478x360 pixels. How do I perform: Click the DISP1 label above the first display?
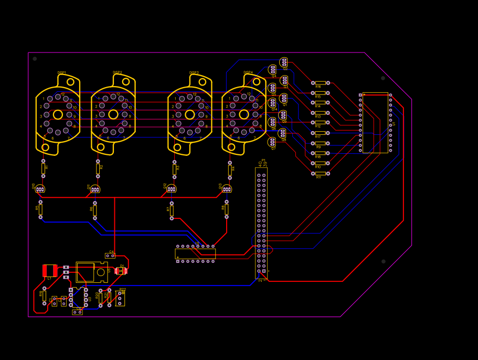point(62,72)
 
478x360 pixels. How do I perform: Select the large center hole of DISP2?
point(113,114)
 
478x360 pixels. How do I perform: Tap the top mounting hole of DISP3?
point(203,82)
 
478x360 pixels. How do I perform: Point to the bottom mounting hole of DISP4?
point(231,147)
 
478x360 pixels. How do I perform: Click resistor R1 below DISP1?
point(43,168)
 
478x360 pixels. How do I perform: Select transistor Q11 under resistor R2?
point(95,189)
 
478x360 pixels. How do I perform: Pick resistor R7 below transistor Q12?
point(172,210)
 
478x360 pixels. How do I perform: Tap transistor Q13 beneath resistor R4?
point(227,189)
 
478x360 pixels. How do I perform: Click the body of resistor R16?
point(321,83)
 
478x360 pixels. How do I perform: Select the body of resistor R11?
point(321,174)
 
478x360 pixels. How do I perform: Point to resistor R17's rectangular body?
point(321,133)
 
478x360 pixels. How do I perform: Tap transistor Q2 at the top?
point(284,62)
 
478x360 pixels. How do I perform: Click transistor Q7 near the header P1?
point(272,142)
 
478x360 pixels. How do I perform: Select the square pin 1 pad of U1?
point(360,95)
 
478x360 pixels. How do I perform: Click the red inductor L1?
point(50,270)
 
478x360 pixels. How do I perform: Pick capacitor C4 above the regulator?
point(110,256)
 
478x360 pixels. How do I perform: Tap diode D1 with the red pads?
point(121,271)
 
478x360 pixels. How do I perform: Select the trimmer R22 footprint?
point(120,299)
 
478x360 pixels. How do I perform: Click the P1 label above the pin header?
point(263,160)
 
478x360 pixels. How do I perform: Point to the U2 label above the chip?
point(197,243)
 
